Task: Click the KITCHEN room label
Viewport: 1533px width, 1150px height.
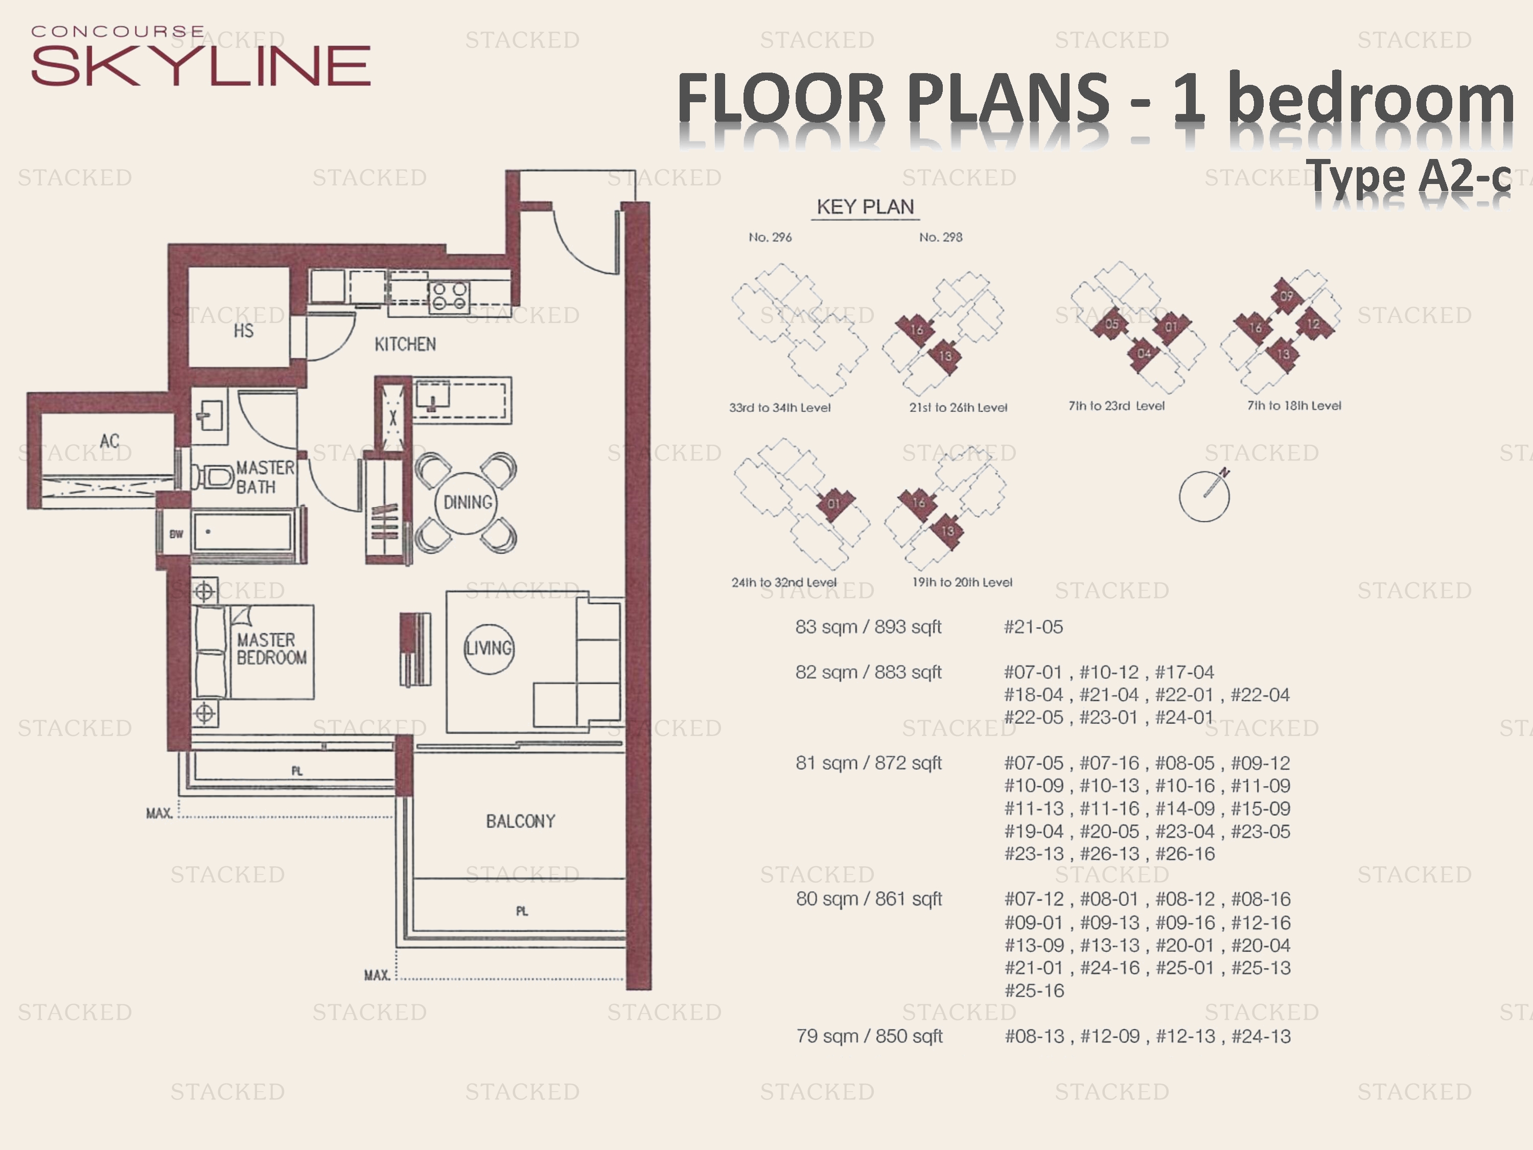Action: [x=405, y=344]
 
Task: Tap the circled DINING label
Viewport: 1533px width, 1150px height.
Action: [x=468, y=502]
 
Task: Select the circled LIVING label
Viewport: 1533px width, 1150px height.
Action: [x=489, y=648]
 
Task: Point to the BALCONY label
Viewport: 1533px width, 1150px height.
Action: [x=521, y=821]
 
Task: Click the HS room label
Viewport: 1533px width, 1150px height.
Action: [x=243, y=331]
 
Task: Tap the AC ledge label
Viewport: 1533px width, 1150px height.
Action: [x=109, y=441]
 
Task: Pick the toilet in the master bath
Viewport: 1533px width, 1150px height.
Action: [x=214, y=477]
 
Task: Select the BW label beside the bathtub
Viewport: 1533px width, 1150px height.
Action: [x=176, y=534]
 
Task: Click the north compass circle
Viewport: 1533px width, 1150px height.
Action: [x=1204, y=496]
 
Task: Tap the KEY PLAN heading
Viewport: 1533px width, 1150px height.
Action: [x=865, y=206]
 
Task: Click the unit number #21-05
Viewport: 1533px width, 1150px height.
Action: [x=1033, y=627]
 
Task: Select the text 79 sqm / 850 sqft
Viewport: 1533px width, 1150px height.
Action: [x=869, y=1037]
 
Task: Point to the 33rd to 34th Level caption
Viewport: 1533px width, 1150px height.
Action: [x=780, y=407]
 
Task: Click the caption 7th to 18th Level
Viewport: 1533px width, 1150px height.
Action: [x=1294, y=405]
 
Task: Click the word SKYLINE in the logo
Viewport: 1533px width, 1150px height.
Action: [x=201, y=66]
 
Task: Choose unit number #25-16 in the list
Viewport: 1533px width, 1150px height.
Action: [x=1034, y=991]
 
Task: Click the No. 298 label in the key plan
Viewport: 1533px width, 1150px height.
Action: [x=940, y=237]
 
